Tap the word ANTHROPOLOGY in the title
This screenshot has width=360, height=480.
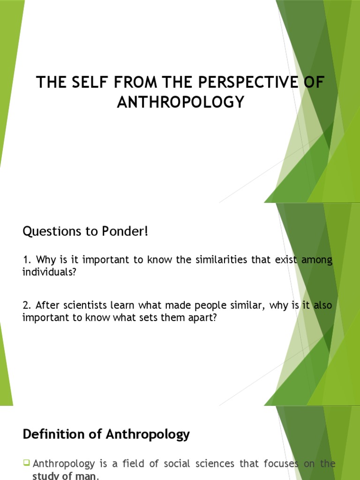tap(180, 102)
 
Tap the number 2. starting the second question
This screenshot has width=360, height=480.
tap(26, 306)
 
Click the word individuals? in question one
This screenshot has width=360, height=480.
tap(49, 272)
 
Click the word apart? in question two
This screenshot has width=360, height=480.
tap(204, 317)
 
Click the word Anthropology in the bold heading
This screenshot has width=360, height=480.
tap(148, 435)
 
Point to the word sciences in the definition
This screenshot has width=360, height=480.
tap(225, 464)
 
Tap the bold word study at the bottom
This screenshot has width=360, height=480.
tap(46, 476)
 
